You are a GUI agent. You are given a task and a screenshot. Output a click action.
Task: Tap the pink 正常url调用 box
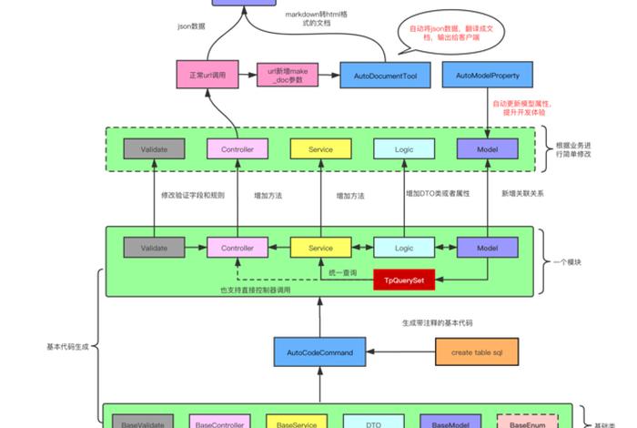point(207,74)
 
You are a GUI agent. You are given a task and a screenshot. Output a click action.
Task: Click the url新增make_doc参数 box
point(289,74)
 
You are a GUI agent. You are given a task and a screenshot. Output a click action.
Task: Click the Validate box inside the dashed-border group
point(155,149)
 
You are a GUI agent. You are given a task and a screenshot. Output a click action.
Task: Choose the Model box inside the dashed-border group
point(487,149)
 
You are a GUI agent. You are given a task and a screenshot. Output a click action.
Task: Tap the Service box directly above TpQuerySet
point(320,247)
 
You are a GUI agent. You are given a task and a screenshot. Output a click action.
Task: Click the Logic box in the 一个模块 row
point(404,247)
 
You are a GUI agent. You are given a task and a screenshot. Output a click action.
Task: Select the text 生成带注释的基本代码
point(438,323)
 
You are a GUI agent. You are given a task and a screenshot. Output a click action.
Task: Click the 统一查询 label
point(342,273)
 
